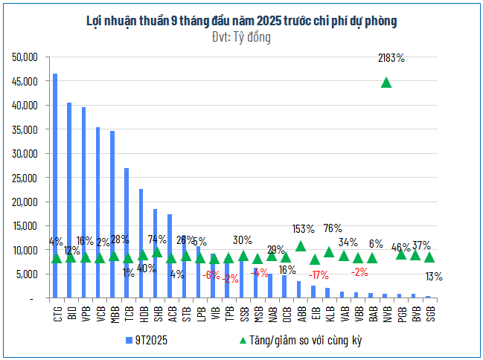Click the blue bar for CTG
coord(55,186)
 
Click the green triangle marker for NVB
coord(386,83)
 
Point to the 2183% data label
coord(391,57)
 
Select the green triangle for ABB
coord(301,246)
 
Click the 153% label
coord(304,229)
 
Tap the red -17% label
coord(319,275)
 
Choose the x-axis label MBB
coord(112,313)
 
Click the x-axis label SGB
coord(430,313)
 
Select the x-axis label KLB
coord(328,313)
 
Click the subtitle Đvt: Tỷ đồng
coord(241,36)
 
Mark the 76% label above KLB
coord(333,228)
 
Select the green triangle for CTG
coord(56,258)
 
